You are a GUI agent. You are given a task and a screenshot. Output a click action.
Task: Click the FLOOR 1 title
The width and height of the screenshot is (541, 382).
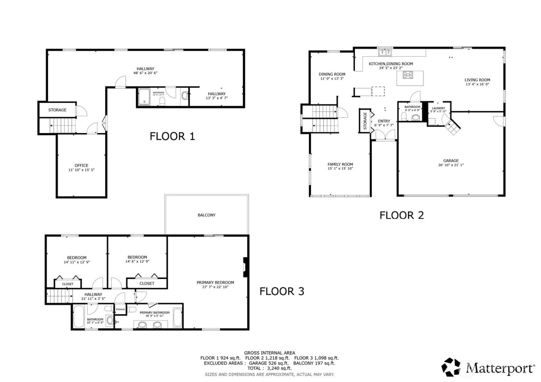pos(172,136)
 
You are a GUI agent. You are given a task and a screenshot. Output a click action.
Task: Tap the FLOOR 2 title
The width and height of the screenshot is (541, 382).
pos(401,215)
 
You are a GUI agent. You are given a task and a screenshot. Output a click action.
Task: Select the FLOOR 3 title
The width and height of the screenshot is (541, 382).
pos(282,291)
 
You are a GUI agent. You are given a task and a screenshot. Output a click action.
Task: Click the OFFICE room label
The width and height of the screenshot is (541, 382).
pos(82,165)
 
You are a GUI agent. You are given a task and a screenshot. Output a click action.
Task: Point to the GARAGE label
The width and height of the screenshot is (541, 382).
pos(451,161)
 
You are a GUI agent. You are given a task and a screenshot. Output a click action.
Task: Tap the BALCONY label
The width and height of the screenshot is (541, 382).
pos(206,215)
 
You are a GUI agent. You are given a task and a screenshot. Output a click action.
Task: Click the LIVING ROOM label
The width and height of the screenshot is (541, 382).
pos(477,80)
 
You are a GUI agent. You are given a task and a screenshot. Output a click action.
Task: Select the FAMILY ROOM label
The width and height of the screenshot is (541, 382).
pos(340,164)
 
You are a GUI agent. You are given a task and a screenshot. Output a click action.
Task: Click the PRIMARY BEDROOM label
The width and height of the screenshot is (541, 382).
pos(215,282)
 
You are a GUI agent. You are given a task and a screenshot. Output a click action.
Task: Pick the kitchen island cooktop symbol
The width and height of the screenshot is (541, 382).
pos(408,75)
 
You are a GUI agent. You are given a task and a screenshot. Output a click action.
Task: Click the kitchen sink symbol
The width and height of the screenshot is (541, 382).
pos(385,53)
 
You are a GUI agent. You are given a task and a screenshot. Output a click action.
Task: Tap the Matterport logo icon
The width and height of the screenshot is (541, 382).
pos(451,367)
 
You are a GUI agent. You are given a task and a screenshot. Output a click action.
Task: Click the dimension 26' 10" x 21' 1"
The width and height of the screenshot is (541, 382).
pos(451,165)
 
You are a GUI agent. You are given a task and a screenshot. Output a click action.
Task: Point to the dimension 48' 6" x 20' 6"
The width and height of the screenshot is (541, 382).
pos(145,73)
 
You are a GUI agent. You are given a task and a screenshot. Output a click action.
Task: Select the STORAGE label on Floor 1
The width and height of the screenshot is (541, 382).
pos(57,110)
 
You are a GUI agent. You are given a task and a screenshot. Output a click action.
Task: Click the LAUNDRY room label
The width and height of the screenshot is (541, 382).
pos(438,108)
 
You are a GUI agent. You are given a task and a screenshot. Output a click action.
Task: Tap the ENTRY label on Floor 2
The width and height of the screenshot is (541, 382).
pos(384,121)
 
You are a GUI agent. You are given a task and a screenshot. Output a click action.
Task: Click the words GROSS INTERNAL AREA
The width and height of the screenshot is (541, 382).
pos(269,353)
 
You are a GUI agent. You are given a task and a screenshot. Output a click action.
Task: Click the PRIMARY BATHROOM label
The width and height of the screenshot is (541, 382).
pos(155,312)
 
